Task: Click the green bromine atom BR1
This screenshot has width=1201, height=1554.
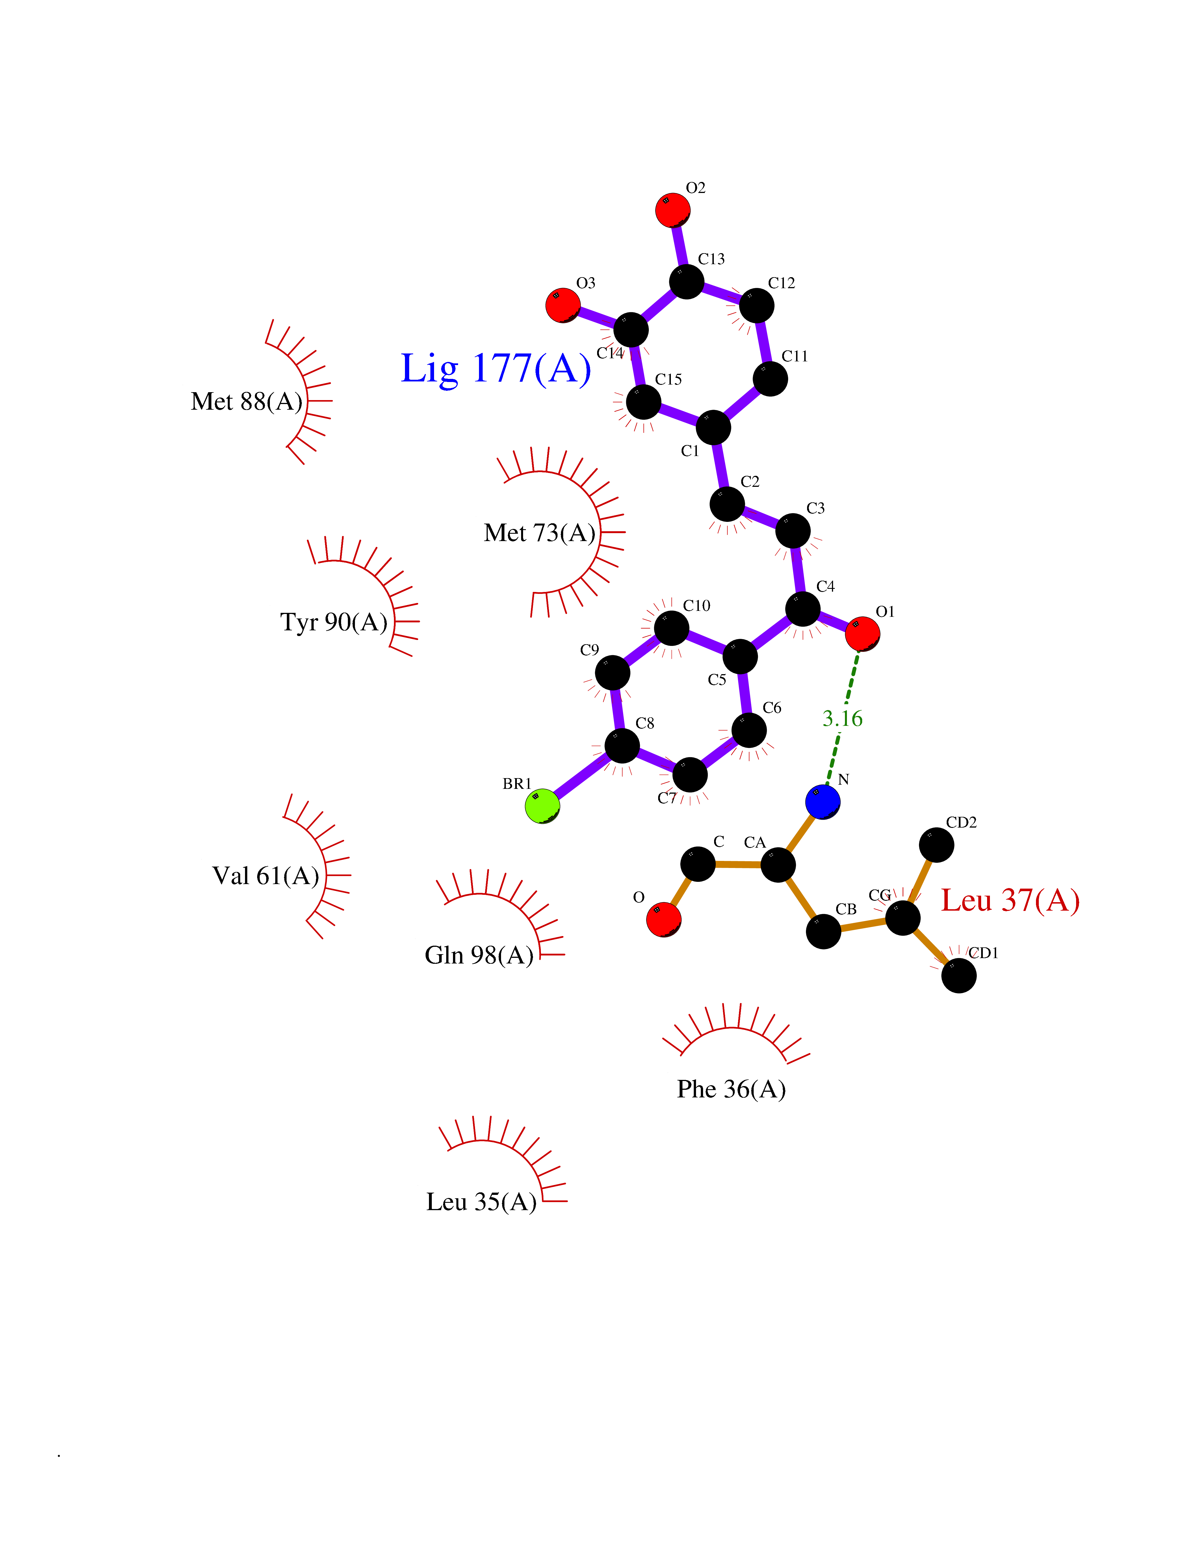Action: click(x=542, y=806)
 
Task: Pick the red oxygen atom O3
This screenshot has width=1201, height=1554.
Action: click(x=563, y=305)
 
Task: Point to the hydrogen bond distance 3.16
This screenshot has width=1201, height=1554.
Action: click(x=842, y=719)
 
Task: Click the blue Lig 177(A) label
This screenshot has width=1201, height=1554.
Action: click(x=496, y=368)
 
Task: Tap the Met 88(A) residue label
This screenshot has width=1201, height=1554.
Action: click(x=246, y=401)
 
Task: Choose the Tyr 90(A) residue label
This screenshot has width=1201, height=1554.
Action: click(x=334, y=622)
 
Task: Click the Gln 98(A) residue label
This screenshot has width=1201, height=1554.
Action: click(x=479, y=955)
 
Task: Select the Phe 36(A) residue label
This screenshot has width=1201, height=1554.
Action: click(x=731, y=1089)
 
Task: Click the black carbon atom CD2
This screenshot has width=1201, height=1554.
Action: click(x=936, y=845)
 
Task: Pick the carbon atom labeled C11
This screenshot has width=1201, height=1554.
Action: click(x=770, y=379)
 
